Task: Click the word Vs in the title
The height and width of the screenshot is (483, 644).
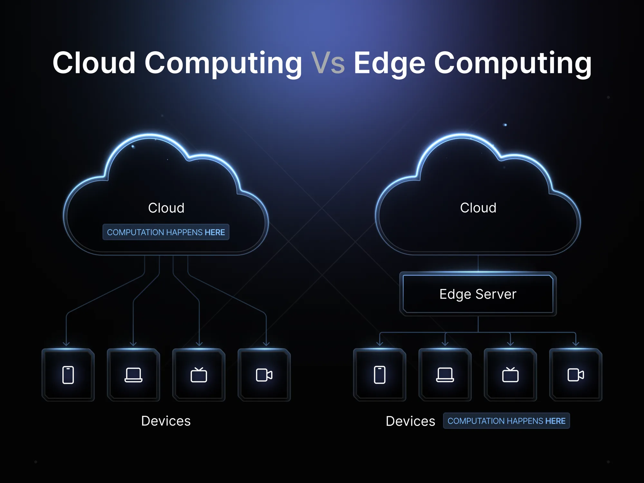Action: point(328,63)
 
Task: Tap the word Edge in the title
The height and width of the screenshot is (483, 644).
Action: point(390,64)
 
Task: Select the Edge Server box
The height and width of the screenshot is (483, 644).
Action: point(478,294)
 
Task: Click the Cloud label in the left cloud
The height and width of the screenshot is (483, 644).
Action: point(166,208)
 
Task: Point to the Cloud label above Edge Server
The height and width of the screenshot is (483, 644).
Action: point(478,208)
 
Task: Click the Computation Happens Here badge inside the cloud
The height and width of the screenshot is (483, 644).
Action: point(166,232)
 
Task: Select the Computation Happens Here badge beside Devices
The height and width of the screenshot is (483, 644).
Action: point(507,421)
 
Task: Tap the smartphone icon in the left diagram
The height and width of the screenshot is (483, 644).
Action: point(68,375)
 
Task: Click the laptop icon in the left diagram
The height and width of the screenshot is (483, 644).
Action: point(133,375)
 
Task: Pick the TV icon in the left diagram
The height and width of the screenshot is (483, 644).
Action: point(199,375)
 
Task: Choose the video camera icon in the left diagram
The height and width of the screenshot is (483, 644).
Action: point(264,375)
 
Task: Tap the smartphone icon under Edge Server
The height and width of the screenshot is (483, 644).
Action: point(380,375)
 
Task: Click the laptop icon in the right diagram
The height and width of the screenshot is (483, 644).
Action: point(445,375)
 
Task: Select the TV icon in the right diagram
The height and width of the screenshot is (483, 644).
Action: point(510,375)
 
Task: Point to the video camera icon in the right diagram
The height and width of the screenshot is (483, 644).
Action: point(576,375)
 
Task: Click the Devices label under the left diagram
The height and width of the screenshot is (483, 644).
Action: point(166,421)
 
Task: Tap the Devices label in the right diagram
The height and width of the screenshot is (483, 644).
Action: point(411,421)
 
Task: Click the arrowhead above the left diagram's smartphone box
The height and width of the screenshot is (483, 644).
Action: point(66,344)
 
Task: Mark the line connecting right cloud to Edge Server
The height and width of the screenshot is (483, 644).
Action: point(478,264)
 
